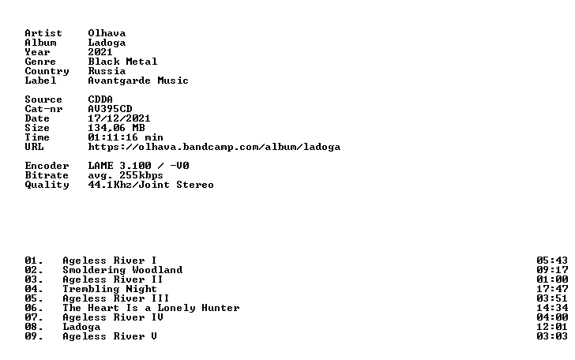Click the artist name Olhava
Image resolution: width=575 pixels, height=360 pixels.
[107, 33]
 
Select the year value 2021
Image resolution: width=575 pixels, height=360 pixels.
[100, 52]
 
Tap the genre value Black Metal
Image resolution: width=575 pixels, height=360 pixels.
[122, 62]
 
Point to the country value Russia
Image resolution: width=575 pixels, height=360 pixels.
[107, 71]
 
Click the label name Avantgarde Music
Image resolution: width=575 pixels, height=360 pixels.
[138, 81]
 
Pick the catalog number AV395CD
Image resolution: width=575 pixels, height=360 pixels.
[110, 109]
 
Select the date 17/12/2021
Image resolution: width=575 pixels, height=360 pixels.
[119, 118]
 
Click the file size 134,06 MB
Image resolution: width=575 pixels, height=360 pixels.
[116, 129]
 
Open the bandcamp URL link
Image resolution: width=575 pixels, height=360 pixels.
[214, 147]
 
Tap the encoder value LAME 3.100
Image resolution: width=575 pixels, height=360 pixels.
[119, 166]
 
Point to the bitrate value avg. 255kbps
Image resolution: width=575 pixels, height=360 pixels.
[126, 175]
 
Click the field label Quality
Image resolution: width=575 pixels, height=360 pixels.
[47, 186]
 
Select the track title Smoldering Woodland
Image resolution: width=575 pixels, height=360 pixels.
[122, 270]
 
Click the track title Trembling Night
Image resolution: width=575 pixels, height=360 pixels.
[110, 289]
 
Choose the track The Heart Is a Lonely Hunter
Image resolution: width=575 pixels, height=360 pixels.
[151, 309]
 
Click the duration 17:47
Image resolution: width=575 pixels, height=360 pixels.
[552, 289]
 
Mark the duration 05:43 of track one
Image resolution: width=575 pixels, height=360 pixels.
[552, 261]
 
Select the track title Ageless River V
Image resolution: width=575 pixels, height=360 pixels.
[110, 336]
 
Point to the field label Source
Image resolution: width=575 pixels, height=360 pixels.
[43, 99]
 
